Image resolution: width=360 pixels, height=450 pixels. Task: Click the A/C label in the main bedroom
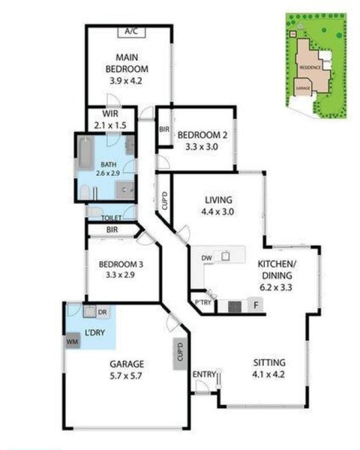tap(132, 31)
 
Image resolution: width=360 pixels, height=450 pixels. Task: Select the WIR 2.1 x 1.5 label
tap(111, 119)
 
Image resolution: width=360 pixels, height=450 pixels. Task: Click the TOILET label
tap(111, 217)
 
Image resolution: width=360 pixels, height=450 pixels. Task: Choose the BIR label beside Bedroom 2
tap(164, 130)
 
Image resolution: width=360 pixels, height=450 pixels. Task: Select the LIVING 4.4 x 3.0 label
tap(219, 206)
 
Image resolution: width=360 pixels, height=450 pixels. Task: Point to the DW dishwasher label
tap(207, 259)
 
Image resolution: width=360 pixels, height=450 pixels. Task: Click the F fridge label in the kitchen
tap(255, 305)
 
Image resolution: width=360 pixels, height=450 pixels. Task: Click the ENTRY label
tap(203, 374)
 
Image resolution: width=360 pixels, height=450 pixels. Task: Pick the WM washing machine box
tap(73, 341)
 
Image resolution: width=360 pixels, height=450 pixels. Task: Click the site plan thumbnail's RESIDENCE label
tap(310, 67)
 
